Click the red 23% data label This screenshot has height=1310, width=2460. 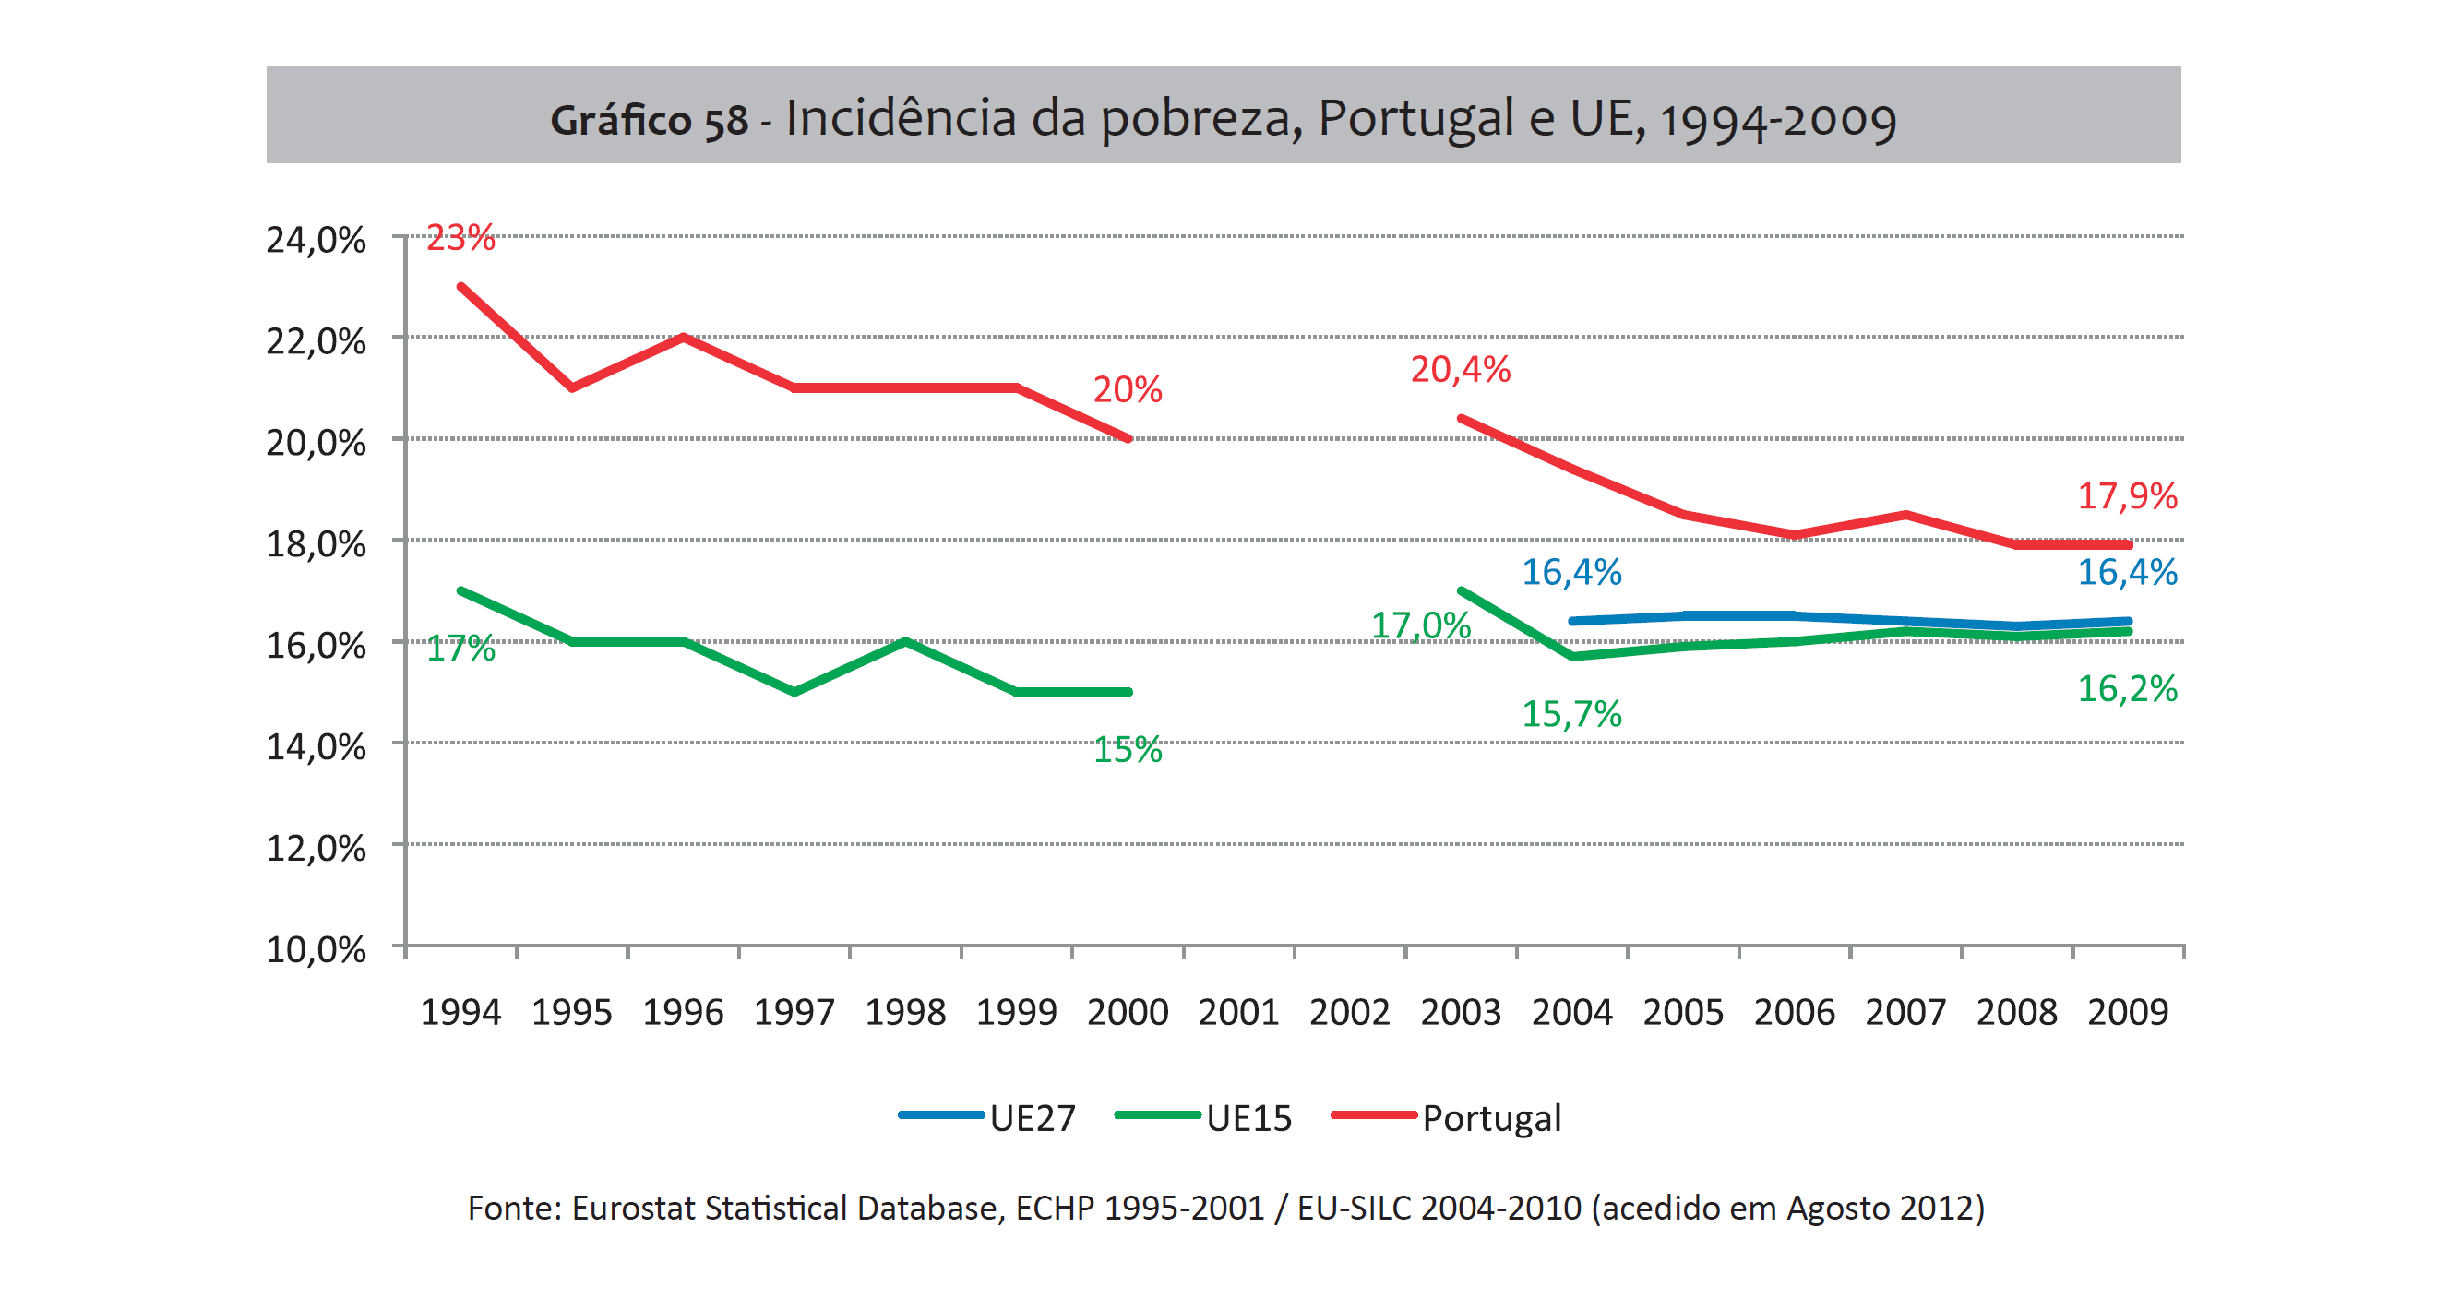[460, 238]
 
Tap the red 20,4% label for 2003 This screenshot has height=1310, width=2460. [1459, 370]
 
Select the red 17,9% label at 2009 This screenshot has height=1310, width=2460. [2127, 495]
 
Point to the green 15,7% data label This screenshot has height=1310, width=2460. [1570, 713]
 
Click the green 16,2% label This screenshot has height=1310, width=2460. [2127, 688]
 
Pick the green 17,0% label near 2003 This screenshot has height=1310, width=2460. [1420, 625]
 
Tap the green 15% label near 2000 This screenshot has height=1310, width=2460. [1127, 749]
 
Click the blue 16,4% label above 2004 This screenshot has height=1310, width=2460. [1570, 572]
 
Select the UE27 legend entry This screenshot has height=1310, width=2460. [989, 1117]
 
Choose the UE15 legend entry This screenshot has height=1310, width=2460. [1205, 1117]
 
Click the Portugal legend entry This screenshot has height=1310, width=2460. [1448, 1117]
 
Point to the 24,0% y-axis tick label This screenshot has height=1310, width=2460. [316, 240]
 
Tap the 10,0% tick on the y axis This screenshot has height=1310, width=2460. [316, 949]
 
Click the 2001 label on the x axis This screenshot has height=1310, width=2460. [1237, 1012]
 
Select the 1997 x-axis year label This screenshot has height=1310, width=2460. [794, 1012]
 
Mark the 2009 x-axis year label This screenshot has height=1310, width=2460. [2127, 1012]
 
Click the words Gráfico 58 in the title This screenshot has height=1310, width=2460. [649, 120]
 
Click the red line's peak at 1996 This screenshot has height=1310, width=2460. [684, 337]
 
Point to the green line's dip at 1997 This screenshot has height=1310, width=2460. [794, 691]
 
